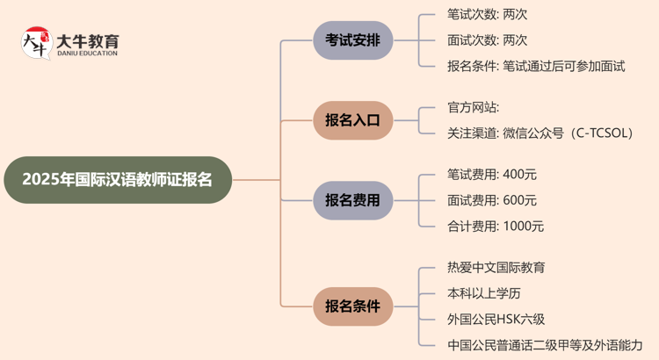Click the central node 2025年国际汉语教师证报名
tap(117, 180)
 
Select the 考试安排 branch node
tap(352, 40)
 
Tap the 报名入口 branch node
tap(352, 120)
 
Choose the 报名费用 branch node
tap(352, 200)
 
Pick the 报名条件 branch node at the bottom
tap(352, 306)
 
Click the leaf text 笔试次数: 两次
tap(487, 15)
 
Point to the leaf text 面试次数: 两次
tap(487, 40)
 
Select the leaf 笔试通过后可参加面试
tap(564, 66)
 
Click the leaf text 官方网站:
tap(474, 108)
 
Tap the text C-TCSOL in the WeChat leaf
tap(598, 133)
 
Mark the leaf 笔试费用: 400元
tap(491, 175)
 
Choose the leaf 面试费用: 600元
tap(491, 200)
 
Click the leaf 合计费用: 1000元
tap(495, 226)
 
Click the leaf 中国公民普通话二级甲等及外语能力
tap(545, 344)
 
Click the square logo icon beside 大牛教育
tap(36, 44)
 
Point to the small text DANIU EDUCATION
tap(88, 54)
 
